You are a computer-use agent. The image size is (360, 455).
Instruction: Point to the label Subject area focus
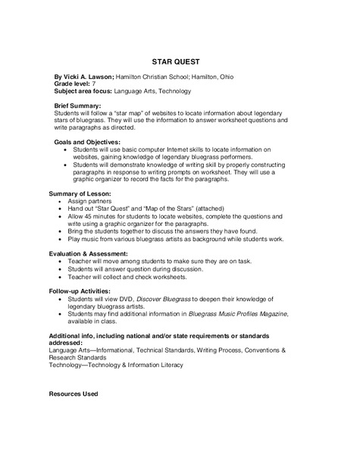(81, 91)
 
